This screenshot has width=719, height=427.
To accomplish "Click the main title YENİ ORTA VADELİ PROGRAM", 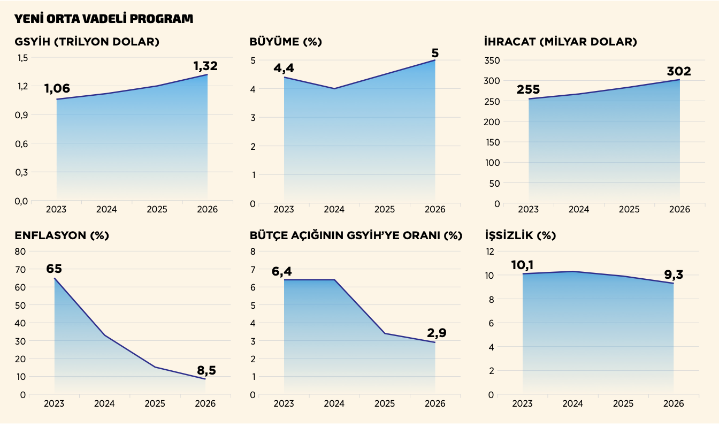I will (x=104, y=19).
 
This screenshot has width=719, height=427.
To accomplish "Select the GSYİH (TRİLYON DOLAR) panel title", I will (x=87, y=42).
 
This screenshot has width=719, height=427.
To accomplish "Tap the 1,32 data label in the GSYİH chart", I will (x=205, y=66).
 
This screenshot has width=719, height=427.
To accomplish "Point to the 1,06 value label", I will (x=57, y=89).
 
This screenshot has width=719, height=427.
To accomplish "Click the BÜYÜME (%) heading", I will (x=286, y=42).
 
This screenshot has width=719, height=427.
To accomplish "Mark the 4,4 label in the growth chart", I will (x=284, y=68).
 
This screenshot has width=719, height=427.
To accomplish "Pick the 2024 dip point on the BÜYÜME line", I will (x=334, y=89).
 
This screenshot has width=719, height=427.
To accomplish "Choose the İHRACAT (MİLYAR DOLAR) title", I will (x=560, y=42).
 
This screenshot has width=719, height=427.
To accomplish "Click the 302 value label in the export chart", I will (x=679, y=72).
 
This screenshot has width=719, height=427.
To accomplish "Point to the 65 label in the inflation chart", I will (x=54, y=269).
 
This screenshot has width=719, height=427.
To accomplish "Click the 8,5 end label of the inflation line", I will (x=206, y=370).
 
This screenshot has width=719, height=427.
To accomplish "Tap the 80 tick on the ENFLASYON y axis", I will (x=20, y=251).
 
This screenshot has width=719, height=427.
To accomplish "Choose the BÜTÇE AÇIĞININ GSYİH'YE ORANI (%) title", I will (x=356, y=235).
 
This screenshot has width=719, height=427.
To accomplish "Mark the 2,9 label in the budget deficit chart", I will (x=437, y=333).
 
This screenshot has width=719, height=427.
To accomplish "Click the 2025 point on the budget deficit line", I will (x=385, y=333).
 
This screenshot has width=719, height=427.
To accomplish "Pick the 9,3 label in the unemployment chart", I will (x=674, y=274).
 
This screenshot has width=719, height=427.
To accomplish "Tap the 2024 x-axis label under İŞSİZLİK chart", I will (x=572, y=404).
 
